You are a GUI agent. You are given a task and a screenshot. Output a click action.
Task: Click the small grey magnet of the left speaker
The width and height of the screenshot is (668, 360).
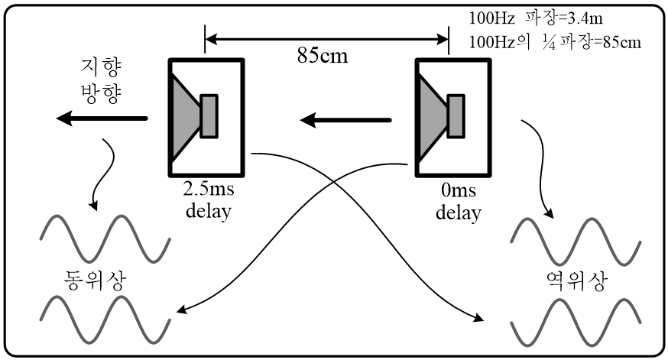pyautogui.click(x=209, y=116)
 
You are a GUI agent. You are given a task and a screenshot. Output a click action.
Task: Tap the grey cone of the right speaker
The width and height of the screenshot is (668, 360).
pyautogui.click(x=431, y=118)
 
